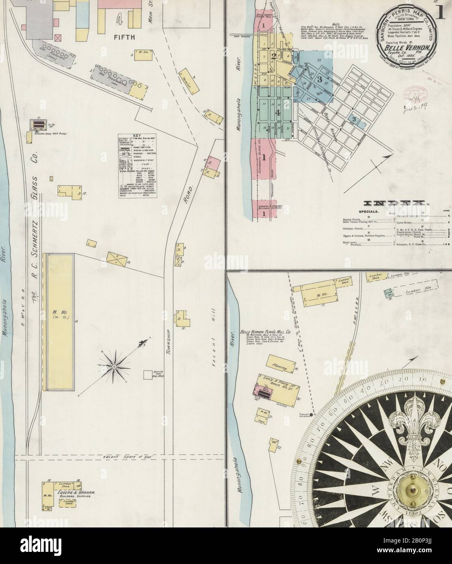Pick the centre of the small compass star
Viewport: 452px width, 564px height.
click(x=115, y=366)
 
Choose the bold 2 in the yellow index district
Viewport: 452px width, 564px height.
click(x=274, y=56)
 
